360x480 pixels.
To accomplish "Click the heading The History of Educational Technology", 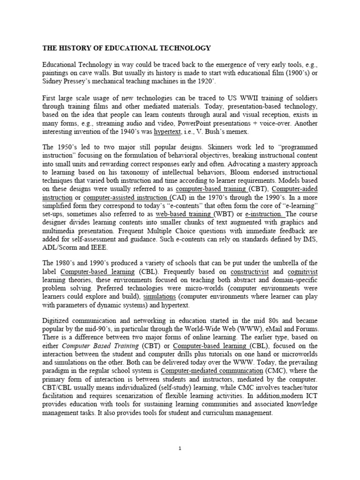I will coord(127,48).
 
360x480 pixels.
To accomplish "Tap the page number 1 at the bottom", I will coord(180,448).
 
